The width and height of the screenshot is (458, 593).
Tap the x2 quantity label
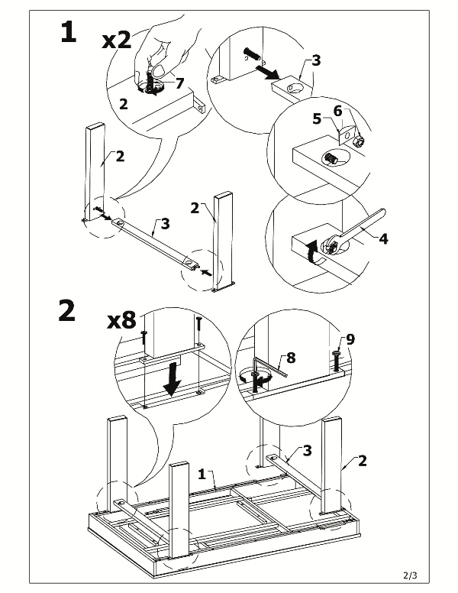tap(117, 40)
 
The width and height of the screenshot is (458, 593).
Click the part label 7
tap(179, 83)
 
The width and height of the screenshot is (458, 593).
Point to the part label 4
tap(383, 238)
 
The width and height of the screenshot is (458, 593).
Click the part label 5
tap(317, 119)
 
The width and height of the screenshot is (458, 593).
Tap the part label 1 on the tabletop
tap(202, 474)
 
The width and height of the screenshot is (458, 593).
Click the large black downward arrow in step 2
tap(173, 380)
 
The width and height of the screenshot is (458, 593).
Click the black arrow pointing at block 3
tap(266, 72)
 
